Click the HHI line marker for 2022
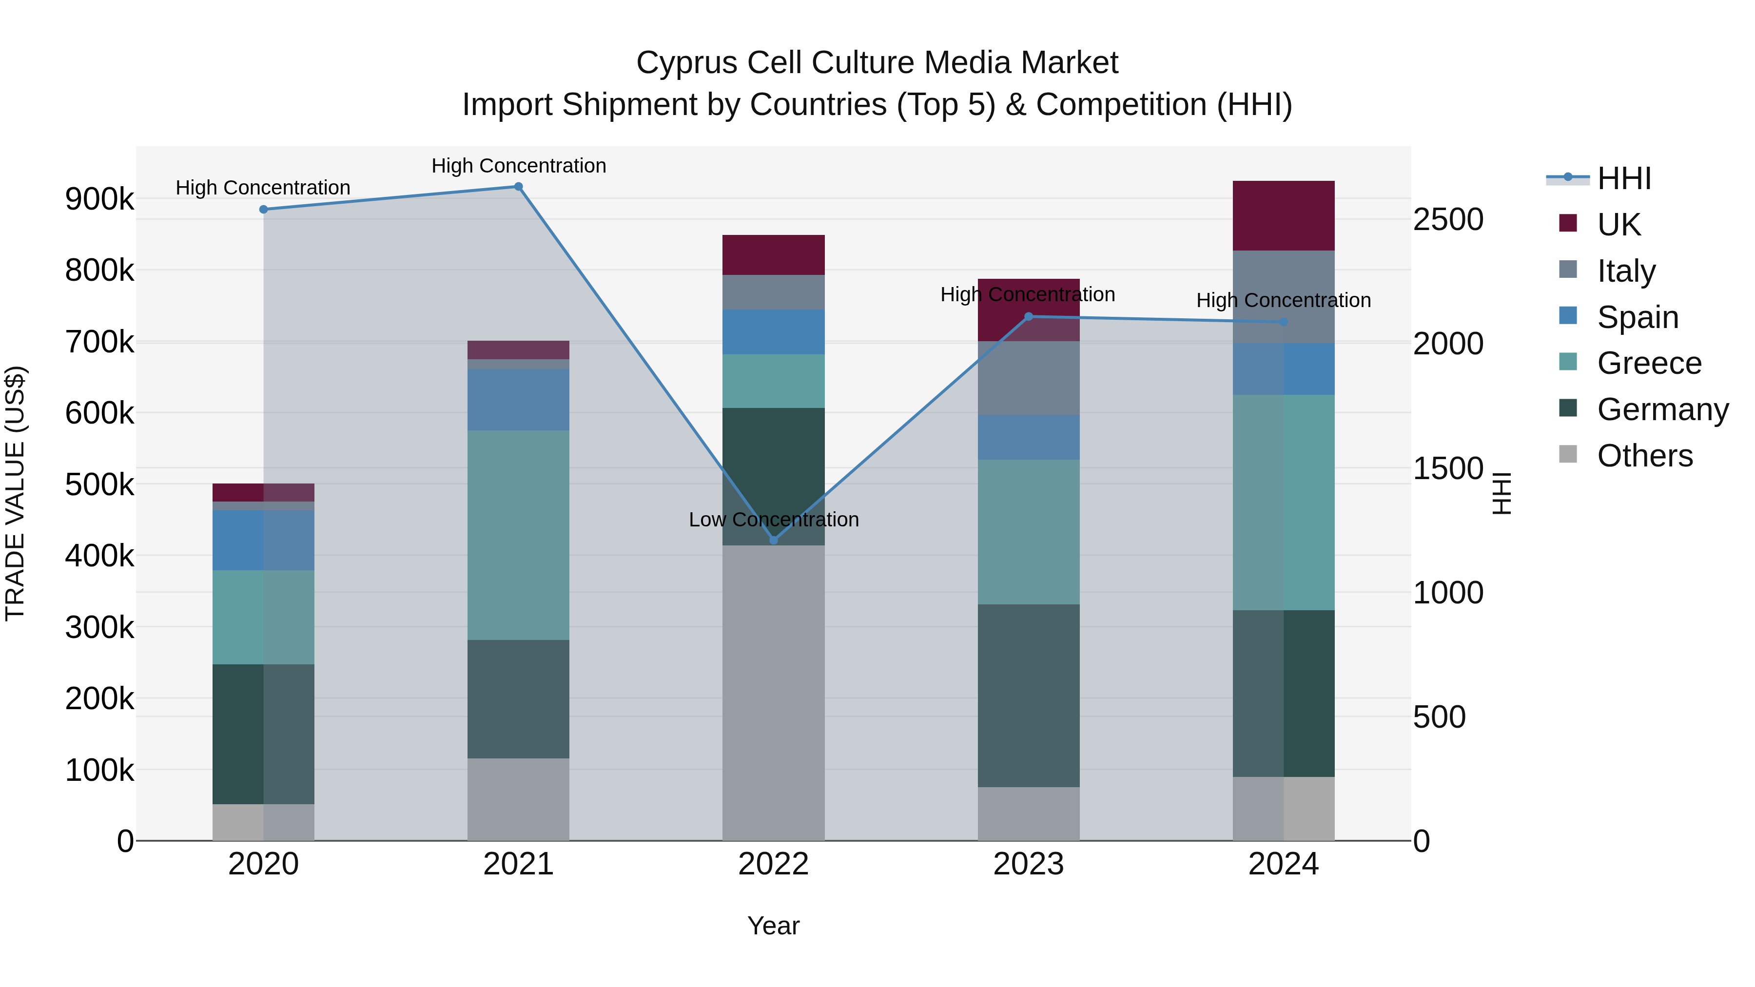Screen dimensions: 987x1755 pos(773,540)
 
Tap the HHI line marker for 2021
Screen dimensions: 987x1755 pos(519,187)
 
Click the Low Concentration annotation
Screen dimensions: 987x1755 pos(773,520)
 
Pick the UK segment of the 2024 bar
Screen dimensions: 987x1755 pos(1284,216)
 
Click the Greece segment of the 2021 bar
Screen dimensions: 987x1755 pos(519,535)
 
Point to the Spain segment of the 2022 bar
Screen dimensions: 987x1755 pos(773,332)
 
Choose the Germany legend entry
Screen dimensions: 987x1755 pos(1662,410)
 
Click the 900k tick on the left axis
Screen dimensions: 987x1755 pos(99,199)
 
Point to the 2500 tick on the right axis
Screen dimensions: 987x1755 pos(1448,220)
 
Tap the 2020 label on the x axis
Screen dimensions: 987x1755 pos(264,864)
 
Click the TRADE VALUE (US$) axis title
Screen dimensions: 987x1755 pos(15,493)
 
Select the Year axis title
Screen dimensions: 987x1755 pos(773,926)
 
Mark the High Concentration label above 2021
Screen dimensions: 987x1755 pos(519,166)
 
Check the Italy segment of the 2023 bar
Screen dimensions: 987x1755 pos(1029,378)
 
